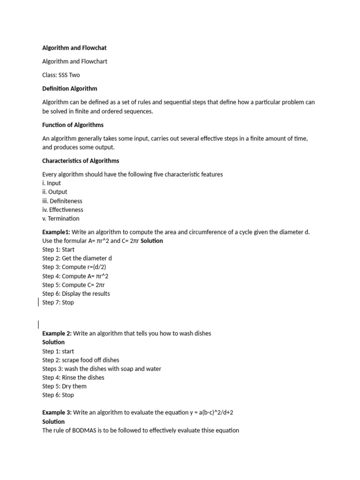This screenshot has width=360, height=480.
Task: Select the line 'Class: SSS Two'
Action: (x=61, y=75)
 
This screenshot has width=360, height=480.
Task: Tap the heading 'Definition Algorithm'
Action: (x=70, y=88)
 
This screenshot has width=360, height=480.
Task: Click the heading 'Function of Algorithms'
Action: (x=73, y=125)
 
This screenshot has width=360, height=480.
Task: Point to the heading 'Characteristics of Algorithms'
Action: (x=81, y=161)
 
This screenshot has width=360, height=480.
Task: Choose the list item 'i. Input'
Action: (x=52, y=183)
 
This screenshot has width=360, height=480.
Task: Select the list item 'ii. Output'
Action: (x=55, y=192)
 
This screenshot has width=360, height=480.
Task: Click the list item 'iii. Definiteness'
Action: (x=62, y=201)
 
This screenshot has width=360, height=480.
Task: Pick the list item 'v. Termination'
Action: (x=61, y=218)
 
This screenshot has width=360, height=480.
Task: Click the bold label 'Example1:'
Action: (x=56, y=232)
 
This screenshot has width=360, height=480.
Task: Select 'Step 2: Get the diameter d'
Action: (x=77, y=258)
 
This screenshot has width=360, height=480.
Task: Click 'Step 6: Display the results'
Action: (x=76, y=293)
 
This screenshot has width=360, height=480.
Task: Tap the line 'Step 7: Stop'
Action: (x=58, y=302)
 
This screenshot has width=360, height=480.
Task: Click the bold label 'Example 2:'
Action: (x=57, y=333)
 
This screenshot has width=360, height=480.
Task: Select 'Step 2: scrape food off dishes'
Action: (x=81, y=360)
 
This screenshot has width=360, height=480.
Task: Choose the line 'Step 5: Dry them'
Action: (x=64, y=386)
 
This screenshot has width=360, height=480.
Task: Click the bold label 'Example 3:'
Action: (x=57, y=412)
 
